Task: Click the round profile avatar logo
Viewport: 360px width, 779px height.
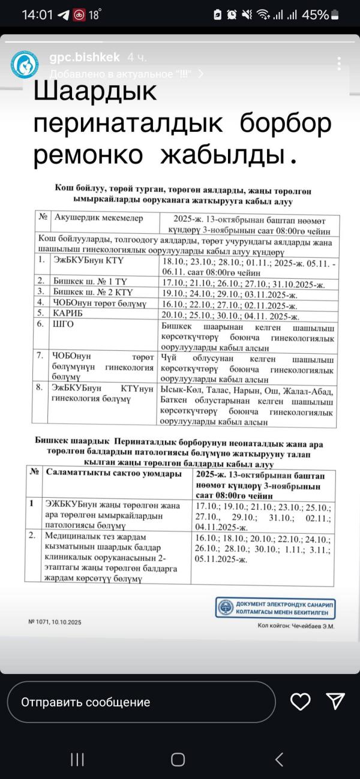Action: pyautogui.click(x=25, y=65)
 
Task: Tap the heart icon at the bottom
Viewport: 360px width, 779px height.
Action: pyautogui.click(x=300, y=701)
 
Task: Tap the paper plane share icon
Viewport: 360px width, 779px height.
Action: pyautogui.click(x=335, y=701)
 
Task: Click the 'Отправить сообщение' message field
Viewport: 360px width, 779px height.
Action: pyautogui.click(x=141, y=702)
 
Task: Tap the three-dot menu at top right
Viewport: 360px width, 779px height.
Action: pyautogui.click(x=340, y=64)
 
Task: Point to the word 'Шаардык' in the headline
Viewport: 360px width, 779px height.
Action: pyautogui.click(x=94, y=92)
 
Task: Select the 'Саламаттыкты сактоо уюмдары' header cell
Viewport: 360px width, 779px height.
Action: pyautogui.click(x=113, y=474)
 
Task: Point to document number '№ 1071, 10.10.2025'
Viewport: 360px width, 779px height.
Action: pyautogui.click(x=55, y=622)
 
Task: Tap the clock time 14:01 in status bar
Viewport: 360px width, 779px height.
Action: pyautogui.click(x=38, y=15)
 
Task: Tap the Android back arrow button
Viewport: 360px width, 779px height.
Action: pyautogui.click(x=279, y=760)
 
